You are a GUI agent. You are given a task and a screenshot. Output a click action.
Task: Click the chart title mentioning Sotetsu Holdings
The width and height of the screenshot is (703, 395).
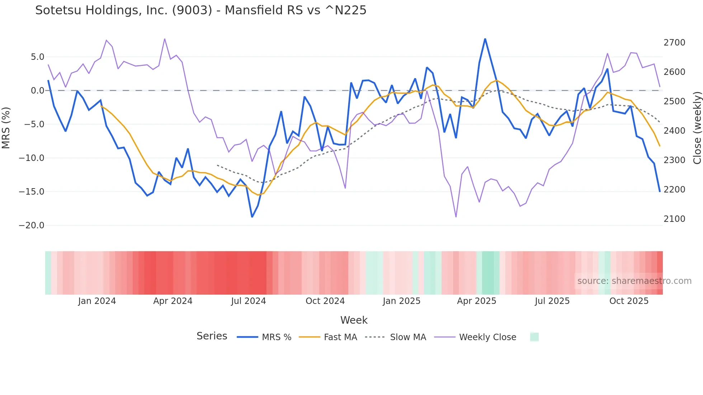click(201, 10)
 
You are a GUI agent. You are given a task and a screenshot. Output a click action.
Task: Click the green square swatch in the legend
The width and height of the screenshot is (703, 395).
click(534, 337)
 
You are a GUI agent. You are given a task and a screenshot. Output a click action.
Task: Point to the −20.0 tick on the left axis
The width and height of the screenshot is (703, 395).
click(32, 225)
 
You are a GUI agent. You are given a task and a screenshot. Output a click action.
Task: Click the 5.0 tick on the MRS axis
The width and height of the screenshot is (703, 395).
click(37, 57)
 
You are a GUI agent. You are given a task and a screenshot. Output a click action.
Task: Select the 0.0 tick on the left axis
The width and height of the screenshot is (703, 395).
click(37, 91)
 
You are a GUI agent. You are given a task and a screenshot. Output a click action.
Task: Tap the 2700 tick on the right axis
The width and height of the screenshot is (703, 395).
click(674, 43)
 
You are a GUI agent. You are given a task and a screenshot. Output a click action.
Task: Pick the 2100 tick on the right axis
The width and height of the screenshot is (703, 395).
click(674, 219)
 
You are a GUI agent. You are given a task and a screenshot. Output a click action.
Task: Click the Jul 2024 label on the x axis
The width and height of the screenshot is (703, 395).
click(248, 301)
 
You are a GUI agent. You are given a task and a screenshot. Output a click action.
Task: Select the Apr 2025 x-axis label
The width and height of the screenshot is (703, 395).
click(476, 301)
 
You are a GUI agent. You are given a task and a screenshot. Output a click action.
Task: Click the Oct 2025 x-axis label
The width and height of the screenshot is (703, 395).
click(629, 301)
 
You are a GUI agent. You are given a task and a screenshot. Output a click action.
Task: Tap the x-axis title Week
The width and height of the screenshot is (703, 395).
click(354, 320)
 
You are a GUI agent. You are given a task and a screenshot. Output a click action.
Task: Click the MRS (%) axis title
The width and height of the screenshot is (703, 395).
click(6, 128)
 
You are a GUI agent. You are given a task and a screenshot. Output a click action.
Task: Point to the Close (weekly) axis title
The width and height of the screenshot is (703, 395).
click(697, 128)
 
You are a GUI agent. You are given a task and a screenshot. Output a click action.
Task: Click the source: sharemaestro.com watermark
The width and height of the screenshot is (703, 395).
click(634, 281)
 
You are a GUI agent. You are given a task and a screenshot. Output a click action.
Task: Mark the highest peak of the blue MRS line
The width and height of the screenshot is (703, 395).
click(485, 39)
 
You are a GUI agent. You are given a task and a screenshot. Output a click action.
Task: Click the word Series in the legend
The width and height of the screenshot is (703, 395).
click(212, 336)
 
